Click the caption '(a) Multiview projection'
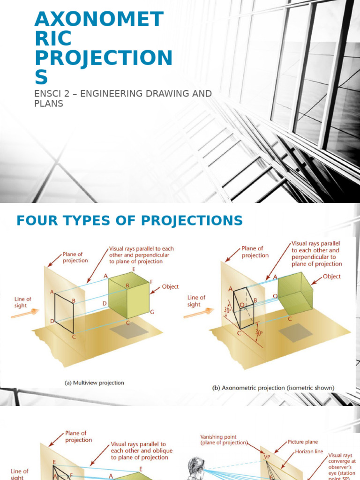[94, 383]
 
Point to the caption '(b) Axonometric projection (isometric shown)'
[272, 388]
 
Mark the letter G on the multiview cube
[152, 312]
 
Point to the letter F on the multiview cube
[151, 282]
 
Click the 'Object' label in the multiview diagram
[170, 287]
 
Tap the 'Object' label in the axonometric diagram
[332, 277]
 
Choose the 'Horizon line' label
[309, 451]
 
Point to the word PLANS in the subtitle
[49, 103]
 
